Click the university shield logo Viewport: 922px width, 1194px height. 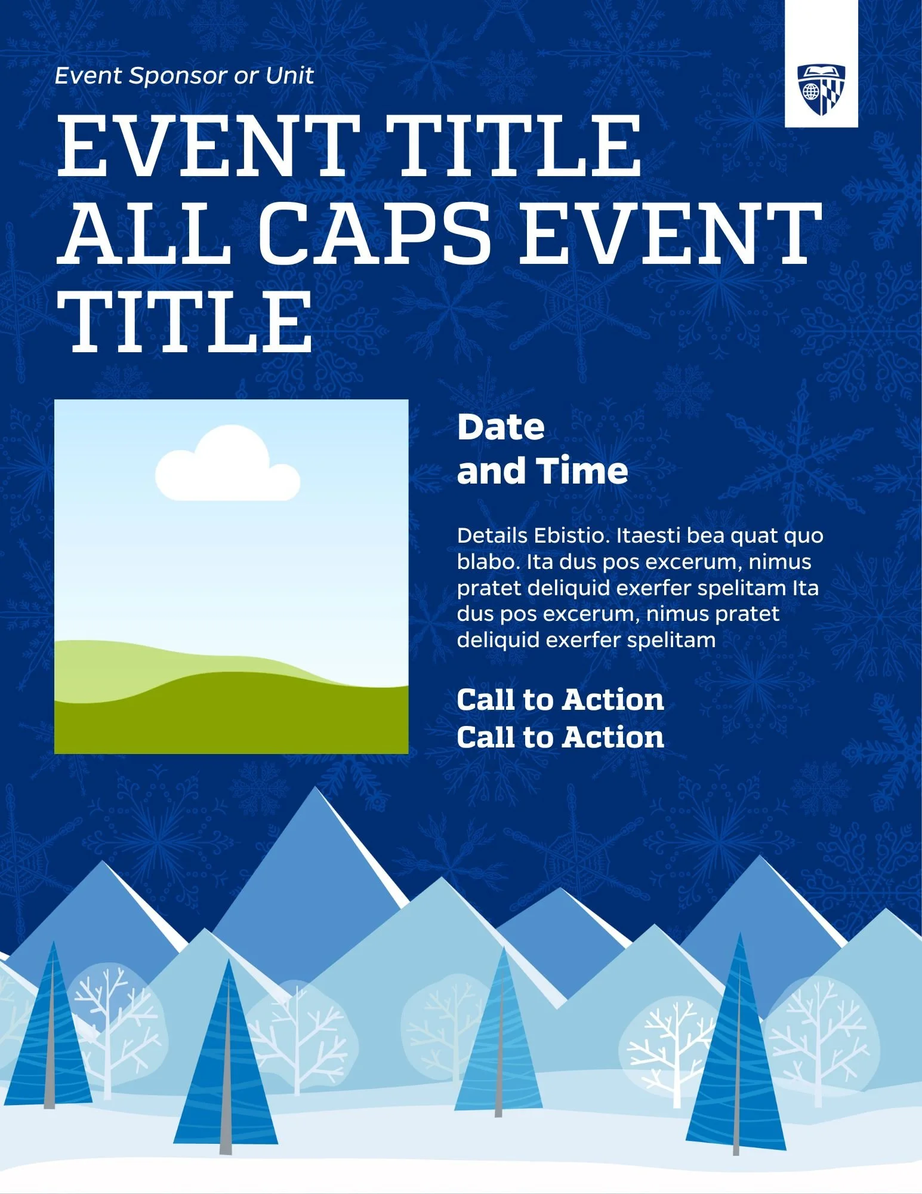tap(821, 90)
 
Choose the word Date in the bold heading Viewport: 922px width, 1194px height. tap(501, 427)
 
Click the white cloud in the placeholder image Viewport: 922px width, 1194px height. tap(227, 466)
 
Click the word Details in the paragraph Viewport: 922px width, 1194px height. tap(492, 536)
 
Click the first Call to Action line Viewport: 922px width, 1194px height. tap(560, 700)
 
